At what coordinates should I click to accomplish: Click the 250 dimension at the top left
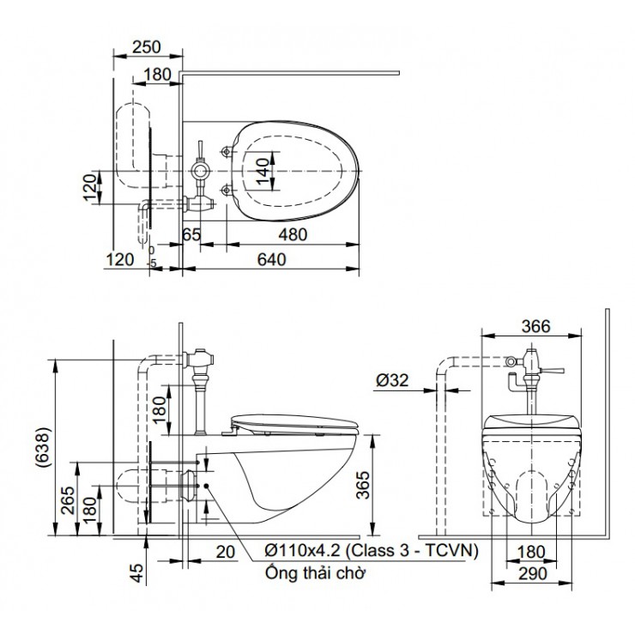pos(148,48)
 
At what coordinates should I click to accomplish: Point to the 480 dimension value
pos(293,233)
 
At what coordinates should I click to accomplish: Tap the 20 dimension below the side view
pos(226,553)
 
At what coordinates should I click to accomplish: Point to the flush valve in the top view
pos(200,171)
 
